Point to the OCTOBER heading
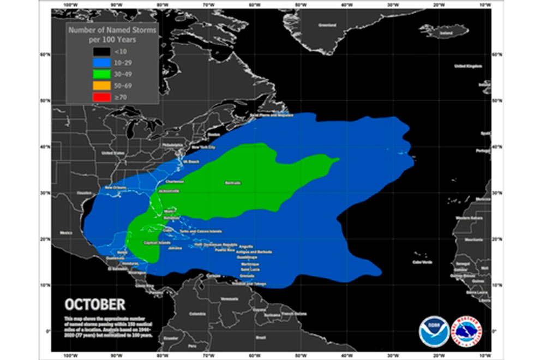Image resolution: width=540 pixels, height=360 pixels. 95,304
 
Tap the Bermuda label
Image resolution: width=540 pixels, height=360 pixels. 233,183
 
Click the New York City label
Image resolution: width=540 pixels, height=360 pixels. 203,148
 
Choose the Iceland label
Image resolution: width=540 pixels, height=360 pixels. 446,33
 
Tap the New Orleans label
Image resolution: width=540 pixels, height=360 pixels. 116,188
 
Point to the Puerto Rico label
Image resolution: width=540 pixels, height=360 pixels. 224,249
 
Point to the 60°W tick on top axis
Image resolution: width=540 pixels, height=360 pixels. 254,4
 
